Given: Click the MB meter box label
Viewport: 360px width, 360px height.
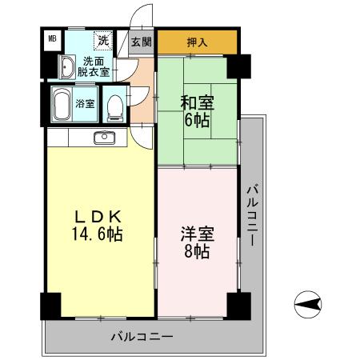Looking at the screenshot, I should (52, 38).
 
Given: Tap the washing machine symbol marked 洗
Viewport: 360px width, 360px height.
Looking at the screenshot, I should (103, 40).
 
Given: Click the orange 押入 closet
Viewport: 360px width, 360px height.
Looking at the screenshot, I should (197, 42).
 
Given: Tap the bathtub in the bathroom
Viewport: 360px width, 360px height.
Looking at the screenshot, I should (61, 103).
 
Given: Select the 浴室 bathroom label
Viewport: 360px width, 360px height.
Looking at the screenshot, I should (85, 104).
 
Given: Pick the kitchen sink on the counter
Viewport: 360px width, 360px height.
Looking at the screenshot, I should (104, 138).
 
